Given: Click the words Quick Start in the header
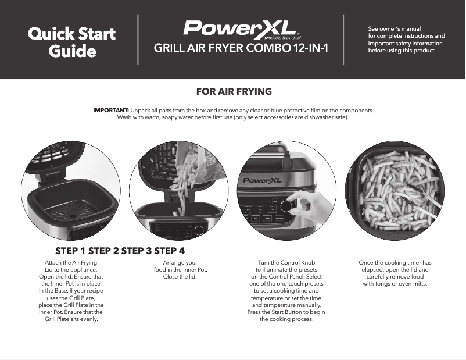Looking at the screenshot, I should [71, 33].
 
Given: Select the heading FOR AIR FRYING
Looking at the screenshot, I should [234, 92].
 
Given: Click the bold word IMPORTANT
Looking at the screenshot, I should [111, 110].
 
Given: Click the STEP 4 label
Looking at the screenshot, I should [170, 251].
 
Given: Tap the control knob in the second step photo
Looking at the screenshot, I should [199, 230].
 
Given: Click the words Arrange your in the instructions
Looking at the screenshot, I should [180, 263].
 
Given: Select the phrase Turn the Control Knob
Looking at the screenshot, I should [286, 263].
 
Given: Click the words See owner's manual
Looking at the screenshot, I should [395, 28].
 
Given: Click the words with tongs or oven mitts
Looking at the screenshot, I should [395, 284].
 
